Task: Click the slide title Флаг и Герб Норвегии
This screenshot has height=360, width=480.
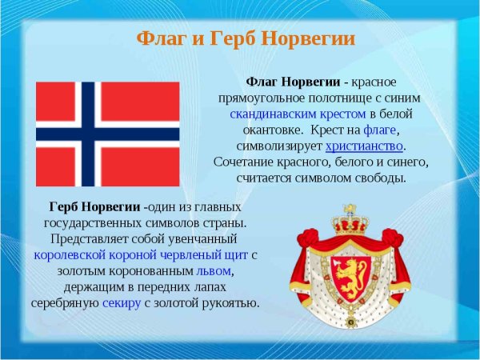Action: [x=246, y=39]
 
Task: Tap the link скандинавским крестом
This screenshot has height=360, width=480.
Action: [x=294, y=114]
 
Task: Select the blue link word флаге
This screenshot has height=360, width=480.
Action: [x=380, y=130]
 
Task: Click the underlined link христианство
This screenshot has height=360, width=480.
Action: [x=364, y=146]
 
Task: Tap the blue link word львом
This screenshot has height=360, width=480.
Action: [x=214, y=272]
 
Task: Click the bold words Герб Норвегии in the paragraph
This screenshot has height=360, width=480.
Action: [x=94, y=208]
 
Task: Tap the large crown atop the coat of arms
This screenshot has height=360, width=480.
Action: [x=348, y=218]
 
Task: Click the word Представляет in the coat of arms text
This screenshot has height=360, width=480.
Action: [x=86, y=240]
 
